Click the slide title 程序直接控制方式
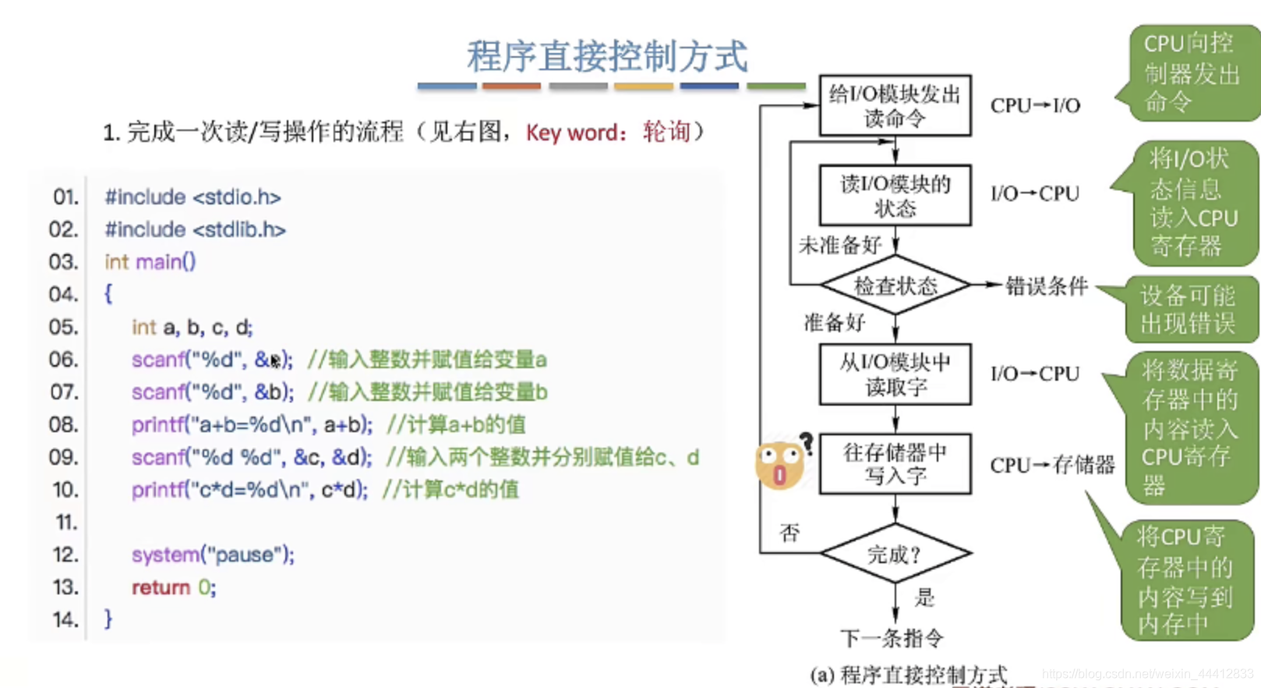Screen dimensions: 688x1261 (x=607, y=56)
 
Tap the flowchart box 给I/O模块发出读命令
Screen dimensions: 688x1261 (x=895, y=106)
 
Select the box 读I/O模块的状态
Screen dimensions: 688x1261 (x=895, y=196)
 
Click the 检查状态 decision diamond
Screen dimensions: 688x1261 (x=895, y=286)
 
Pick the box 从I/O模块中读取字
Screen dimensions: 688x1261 (x=895, y=374)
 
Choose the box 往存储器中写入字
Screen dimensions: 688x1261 (x=895, y=464)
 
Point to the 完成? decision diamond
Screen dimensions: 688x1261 (x=895, y=555)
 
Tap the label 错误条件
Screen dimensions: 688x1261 (x=1046, y=286)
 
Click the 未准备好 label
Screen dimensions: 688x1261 (x=839, y=246)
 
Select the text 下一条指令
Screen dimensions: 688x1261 (x=892, y=638)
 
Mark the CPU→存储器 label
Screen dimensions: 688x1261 (x=1052, y=466)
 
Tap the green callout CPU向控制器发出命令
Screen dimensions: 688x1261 (x=1190, y=73)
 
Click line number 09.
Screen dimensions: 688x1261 (x=65, y=457)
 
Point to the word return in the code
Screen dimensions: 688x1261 (x=161, y=587)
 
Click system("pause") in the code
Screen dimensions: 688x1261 (x=213, y=555)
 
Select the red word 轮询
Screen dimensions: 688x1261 (x=666, y=132)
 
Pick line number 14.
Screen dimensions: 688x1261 (x=65, y=619)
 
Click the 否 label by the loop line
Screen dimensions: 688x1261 (x=789, y=533)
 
